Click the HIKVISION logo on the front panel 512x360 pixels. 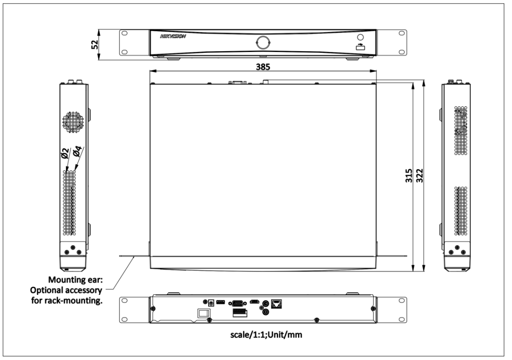(x=173, y=36)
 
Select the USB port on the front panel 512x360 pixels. (x=360, y=47)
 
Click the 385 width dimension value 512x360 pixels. (x=263, y=66)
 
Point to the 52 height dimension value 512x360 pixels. (x=95, y=44)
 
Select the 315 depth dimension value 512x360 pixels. (x=409, y=175)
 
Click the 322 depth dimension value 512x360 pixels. (x=419, y=175)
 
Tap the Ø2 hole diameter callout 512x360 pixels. (x=65, y=153)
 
